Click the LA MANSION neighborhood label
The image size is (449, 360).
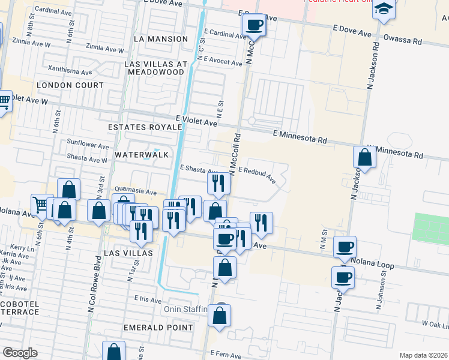click(x=161, y=39)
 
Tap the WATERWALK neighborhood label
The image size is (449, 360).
click(x=142, y=155)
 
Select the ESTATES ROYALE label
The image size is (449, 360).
click(x=144, y=127)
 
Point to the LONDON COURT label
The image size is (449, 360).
click(x=70, y=85)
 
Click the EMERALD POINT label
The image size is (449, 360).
click(x=158, y=328)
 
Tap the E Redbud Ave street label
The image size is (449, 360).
click(x=256, y=175)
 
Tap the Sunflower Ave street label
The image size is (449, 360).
click(x=88, y=146)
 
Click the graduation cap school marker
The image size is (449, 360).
click(x=384, y=10)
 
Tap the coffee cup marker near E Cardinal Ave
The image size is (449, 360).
click(x=254, y=25)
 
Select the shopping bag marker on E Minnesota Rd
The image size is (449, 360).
click(x=364, y=157)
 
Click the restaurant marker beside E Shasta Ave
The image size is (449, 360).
click(x=218, y=182)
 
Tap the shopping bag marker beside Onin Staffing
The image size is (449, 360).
click(x=220, y=314)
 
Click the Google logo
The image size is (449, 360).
click(x=20, y=353)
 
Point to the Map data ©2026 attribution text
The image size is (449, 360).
click(x=423, y=355)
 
